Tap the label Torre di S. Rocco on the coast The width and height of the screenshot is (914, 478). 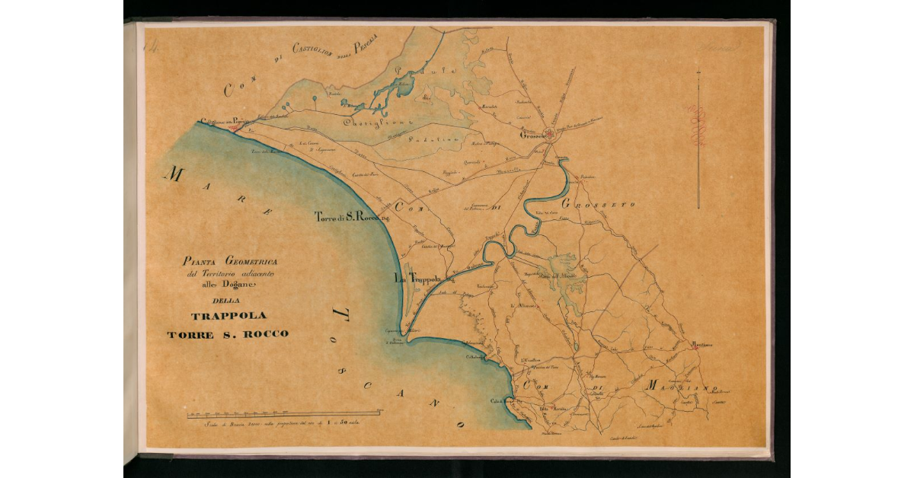[352, 217]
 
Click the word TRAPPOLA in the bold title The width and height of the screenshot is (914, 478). [228, 316]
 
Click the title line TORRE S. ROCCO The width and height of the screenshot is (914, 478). [228, 334]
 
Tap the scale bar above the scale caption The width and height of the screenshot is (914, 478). [285, 413]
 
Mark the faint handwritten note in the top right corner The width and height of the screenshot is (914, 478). [724, 48]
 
